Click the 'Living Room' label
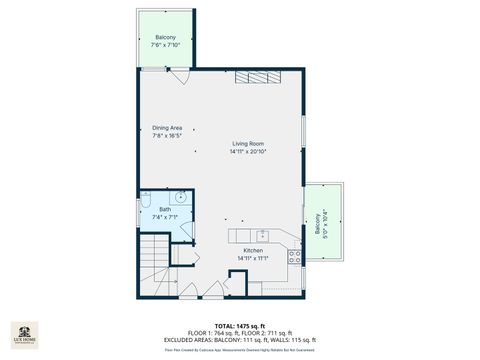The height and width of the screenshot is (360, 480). point(248,144)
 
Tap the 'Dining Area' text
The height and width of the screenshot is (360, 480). point(167,128)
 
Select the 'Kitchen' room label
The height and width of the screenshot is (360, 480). point(252,251)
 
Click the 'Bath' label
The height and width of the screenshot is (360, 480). point(151,209)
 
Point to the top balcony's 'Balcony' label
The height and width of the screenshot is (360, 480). point(165,38)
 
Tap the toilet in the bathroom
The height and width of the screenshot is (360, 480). point(146,197)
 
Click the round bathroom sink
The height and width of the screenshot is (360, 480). point(179,198)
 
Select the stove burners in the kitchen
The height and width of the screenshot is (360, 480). point(295,255)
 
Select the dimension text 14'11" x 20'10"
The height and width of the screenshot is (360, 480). point(248,152)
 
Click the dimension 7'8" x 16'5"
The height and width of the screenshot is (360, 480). point(167,136)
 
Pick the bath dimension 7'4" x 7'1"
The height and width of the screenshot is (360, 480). point(151,216)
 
